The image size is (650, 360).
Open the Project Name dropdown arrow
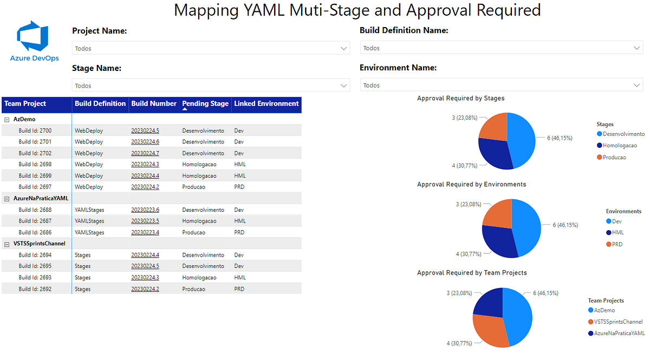tap(344, 49)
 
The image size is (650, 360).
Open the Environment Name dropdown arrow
tap(638, 86)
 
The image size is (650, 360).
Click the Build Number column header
tap(154, 103)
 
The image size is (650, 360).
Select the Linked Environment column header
tap(266, 103)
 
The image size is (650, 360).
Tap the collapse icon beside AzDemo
tap(7, 119)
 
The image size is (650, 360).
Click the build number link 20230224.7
tap(145, 153)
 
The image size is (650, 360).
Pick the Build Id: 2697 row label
tap(35, 187)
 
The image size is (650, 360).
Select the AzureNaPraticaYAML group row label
tap(41, 199)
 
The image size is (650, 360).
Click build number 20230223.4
tap(145, 232)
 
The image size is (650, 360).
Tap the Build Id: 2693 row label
tap(35, 278)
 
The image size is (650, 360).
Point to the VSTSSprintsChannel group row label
tap(40, 244)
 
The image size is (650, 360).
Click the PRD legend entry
tap(617, 245)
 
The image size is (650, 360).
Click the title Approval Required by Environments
tap(471, 185)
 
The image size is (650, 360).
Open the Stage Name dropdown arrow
tap(344, 86)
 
